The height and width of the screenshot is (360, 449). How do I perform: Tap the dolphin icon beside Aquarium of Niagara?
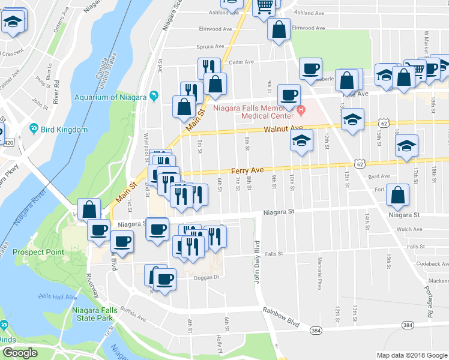(x=155, y=97)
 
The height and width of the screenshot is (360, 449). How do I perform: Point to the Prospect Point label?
(x=38, y=252)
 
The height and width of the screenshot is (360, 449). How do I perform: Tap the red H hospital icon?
(x=301, y=110)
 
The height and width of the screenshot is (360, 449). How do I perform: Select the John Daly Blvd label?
(x=256, y=263)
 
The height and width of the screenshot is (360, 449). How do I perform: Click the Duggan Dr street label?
(x=195, y=277)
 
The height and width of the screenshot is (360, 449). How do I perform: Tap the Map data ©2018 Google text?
(x=411, y=355)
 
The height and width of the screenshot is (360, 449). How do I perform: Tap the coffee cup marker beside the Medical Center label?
(x=289, y=95)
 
